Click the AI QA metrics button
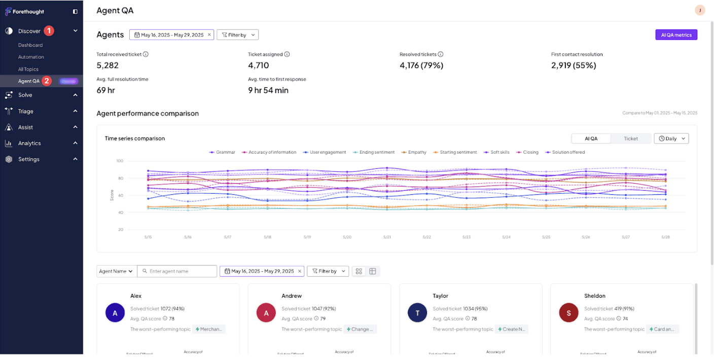coord(676,35)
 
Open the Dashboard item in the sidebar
coord(30,45)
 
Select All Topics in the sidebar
coord(28,69)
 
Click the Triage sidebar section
coord(26,111)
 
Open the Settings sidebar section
coord(28,159)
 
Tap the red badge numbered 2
coord(47,81)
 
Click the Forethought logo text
coord(28,12)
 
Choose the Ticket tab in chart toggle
coord(630,138)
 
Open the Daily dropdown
coord(671,138)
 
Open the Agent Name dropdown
coord(116,271)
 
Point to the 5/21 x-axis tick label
coord(387,237)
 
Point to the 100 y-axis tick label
coord(120,161)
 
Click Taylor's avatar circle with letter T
coord(417,313)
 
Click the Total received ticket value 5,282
coord(108,65)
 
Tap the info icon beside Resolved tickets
coord(441,54)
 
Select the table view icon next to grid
coord(373,271)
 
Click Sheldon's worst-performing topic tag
coord(663,329)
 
